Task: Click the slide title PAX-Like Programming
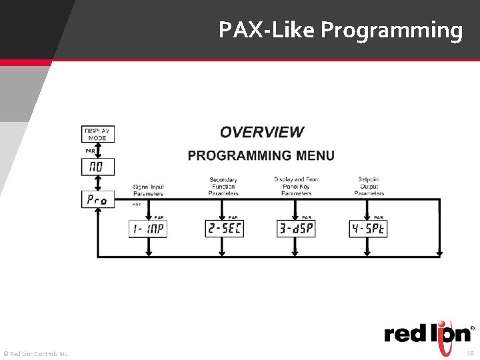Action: point(340,30)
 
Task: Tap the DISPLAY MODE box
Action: point(97,134)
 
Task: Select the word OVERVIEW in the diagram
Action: point(261,133)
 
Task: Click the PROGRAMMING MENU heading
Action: point(261,155)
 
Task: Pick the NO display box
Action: point(97,166)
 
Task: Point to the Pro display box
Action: point(97,199)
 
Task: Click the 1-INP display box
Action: point(147,229)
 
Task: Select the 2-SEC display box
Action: point(224,229)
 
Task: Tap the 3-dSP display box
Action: point(296,229)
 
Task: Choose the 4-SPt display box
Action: point(369,229)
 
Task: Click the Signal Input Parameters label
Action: point(148,190)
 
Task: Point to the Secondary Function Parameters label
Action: point(223,187)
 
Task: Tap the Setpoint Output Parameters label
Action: point(369,186)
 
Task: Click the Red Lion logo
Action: point(429,333)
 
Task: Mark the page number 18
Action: point(469,353)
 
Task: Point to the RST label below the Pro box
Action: point(136,204)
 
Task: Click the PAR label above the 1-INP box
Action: point(159,217)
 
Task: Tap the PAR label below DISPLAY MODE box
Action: point(90,151)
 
